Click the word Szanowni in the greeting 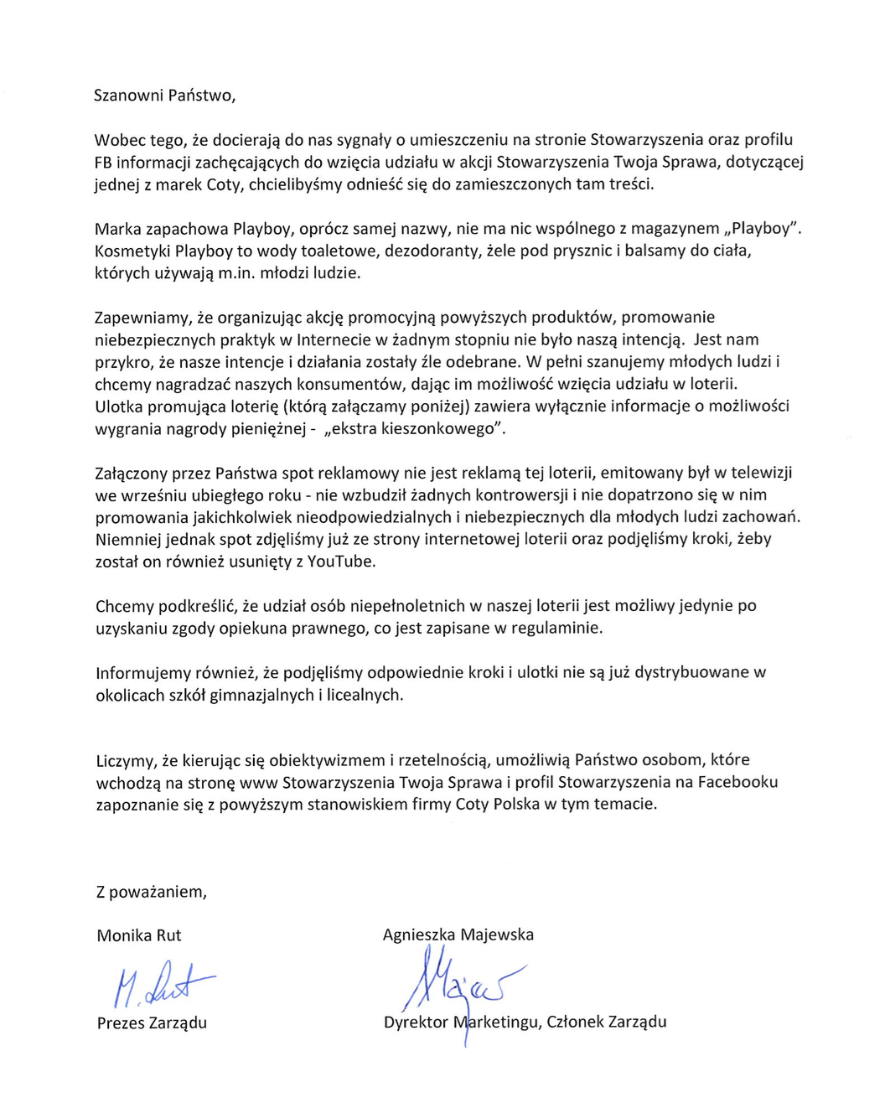coord(128,96)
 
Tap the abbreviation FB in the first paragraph coord(103,162)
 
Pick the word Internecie coord(334,339)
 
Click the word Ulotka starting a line coord(119,406)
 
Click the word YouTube coord(341,562)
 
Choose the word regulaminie coord(558,628)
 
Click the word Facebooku coord(737,782)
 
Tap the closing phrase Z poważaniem coord(151,892)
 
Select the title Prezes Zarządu coord(152,1023)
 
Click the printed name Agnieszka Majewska coord(458,935)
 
